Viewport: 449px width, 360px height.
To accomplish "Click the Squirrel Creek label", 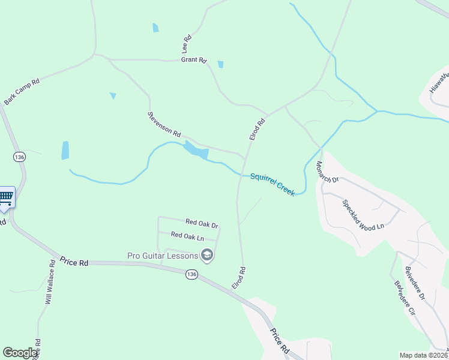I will [x=273, y=184].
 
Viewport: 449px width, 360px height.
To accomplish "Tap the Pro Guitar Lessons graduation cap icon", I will [x=207, y=256].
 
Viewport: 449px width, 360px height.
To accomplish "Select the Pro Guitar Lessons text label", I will [x=162, y=256].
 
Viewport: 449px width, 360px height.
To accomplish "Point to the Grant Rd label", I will [x=194, y=61].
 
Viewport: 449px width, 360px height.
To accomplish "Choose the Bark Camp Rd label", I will [x=22, y=91].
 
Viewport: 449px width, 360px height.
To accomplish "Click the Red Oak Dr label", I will [x=202, y=223].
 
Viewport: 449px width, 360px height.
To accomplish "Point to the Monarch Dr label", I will [x=327, y=172].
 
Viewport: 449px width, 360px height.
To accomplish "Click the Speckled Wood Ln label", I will [x=363, y=214].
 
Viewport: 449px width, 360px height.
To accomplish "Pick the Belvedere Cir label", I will [x=405, y=298].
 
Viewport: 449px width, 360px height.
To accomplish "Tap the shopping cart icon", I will [x=5, y=197].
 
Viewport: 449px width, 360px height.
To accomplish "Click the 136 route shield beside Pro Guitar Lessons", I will [x=191, y=274].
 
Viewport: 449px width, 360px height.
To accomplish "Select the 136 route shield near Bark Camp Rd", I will [x=19, y=157].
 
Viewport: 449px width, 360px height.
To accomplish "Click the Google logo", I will [x=20, y=353].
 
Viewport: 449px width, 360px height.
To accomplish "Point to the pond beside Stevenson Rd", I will [x=196, y=150].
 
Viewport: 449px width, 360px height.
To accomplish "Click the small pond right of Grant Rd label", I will [x=221, y=64].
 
